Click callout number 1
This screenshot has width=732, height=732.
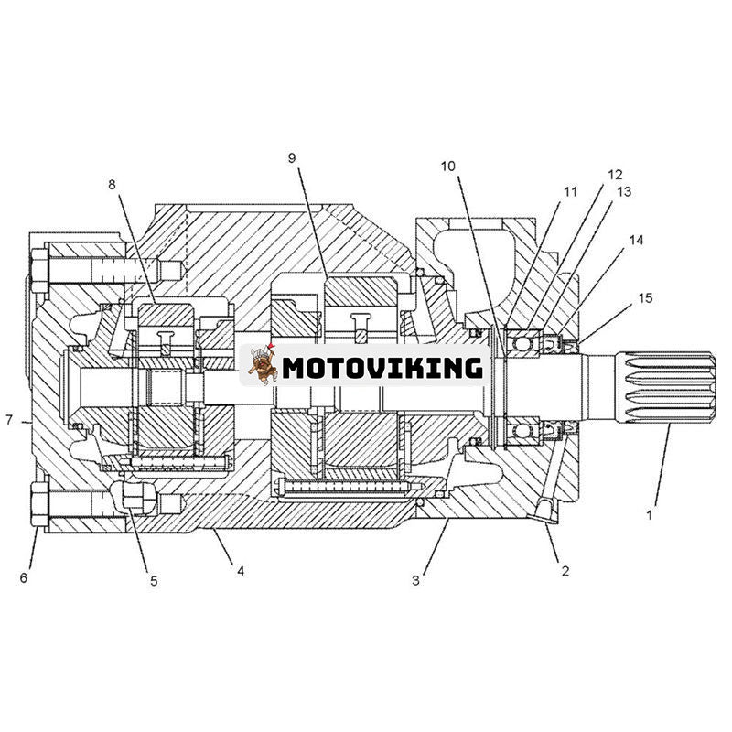pyautogui.click(x=650, y=515)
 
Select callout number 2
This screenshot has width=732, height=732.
pyautogui.click(x=565, y=571)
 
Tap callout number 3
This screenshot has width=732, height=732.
pyautogui.click(x=416, y=579)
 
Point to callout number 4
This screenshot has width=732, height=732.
pyautogui.click(x=241, y=571)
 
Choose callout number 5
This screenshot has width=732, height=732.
pyautogui.click(x=154, y=580)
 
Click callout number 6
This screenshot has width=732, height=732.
pyautogui.click(x=25, y=577)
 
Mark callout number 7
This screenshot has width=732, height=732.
pyautogui.click(x=9, y=421)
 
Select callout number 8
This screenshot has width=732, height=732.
pyautogui.click(x=113, y=185)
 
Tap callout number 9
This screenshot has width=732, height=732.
pyautogui.click(x=292, y=158)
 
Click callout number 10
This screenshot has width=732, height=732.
pyautogui.click(x=447, y=166)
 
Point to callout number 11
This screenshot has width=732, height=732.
pyautogui.click(x=571, y=192)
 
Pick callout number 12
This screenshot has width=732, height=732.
pyautogui.click(x=614, y=174)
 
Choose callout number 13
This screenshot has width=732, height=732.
pyautogui.click(x=624, y=192)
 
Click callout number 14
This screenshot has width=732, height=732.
pyautogui.click(x=636, y=241)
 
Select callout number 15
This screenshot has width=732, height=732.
pyautogui.click(x=646, y=298)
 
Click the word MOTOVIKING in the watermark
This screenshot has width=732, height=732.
pyautogui.click(x=382, y=368)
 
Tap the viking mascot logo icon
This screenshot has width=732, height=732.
pyautogui.click(x=263, y=365)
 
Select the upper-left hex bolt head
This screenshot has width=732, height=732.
pyautogui.click(x=39, y=270)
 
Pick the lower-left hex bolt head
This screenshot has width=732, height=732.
pyautogui.click(x=39, y=505)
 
